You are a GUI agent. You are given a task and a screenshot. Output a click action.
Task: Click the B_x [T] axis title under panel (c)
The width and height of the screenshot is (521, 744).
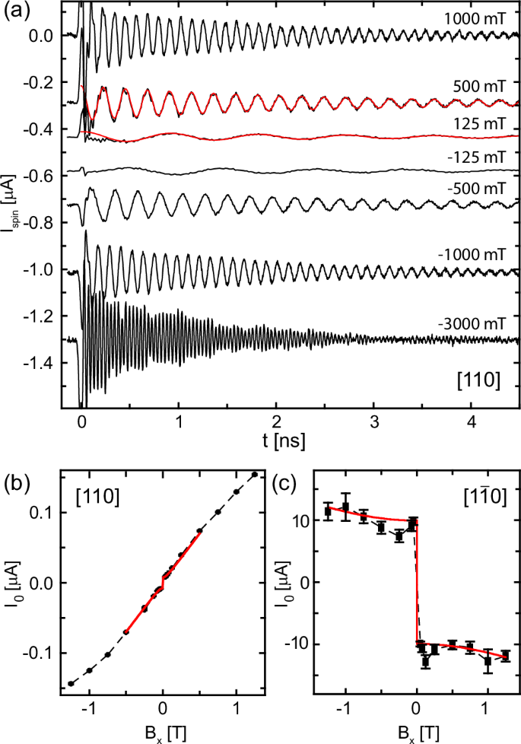[416, 733]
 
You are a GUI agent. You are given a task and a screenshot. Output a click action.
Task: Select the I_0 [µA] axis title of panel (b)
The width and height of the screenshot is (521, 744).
[13, 582]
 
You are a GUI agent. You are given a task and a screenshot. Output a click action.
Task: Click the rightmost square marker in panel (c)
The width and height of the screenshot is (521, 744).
[506, 655]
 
